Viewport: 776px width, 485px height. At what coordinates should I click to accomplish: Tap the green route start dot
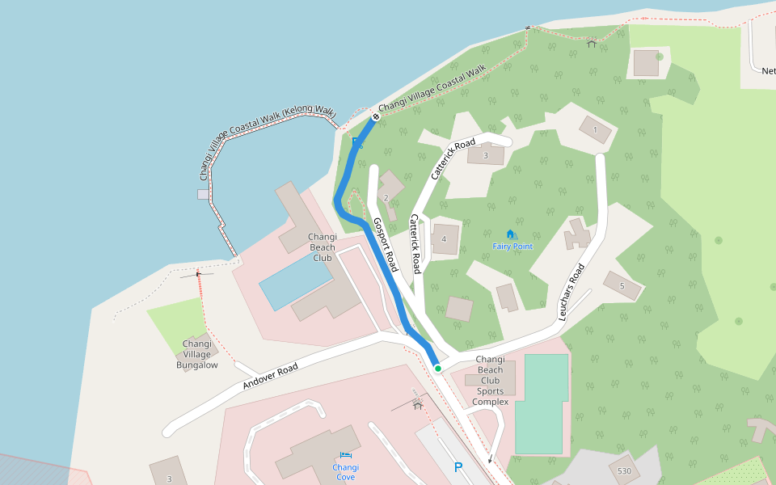438,369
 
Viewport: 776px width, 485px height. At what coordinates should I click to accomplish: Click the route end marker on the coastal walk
376,118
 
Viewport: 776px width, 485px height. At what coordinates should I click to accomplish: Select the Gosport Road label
386,244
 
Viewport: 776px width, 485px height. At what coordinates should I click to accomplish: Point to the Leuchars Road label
571,292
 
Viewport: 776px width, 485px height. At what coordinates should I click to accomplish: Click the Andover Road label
270,377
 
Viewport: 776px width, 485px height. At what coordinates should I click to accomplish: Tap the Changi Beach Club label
322,247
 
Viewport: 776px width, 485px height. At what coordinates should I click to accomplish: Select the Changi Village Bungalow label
197,354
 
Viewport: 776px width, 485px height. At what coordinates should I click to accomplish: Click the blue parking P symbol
458,467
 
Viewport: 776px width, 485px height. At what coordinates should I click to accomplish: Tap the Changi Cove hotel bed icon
346,456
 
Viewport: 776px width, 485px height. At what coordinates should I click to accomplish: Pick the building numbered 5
622,285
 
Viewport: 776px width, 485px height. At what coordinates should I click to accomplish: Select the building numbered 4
445,239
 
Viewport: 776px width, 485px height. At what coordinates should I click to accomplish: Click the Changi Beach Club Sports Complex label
490,381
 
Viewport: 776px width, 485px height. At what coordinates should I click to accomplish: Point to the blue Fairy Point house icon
510,234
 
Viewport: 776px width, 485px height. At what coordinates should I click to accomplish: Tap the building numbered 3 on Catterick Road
485,154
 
